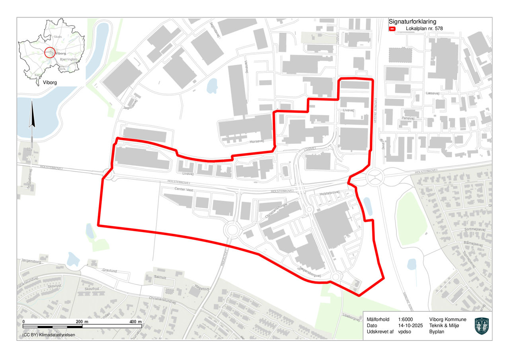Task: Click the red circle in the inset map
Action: [x=49, y=53]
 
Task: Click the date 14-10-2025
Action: [x=410, y=325]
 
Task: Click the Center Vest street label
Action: [x=183, y=190]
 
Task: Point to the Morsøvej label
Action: [x=257, y=141]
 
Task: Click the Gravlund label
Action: [x=109, y=271]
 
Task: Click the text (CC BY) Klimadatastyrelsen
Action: [x=49, y=335]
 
